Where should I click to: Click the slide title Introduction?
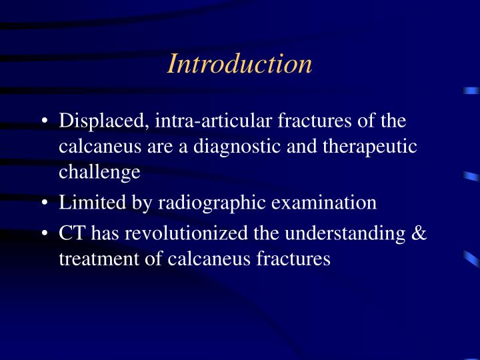(x=239, y=64)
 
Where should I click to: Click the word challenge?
(x=99, y=172)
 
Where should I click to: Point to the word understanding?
(x=339, y=233)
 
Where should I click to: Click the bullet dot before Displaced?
(x=44, y=123)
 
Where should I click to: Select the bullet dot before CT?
(x=44, y=235)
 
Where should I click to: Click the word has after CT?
(x=103, y=233)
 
